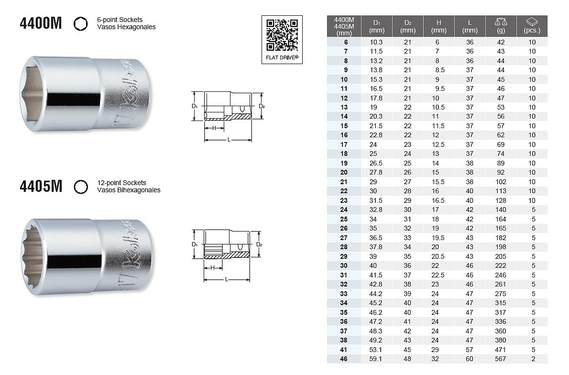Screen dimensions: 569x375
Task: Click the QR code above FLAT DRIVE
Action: (282, 35)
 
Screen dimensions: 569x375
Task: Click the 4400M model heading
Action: (41, 23)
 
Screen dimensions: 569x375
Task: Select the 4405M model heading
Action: (41, 187)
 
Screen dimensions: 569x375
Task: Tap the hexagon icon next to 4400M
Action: (80, 24)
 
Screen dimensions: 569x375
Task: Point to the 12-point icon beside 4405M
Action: (80, 187)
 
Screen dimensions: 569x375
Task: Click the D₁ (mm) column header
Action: (377, 26)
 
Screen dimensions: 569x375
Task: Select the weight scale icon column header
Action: (501, 26)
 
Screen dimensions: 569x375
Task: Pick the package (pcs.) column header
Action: (532, 26)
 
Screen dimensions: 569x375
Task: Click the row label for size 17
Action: (344, 144)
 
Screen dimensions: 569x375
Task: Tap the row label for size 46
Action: (344, 359)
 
